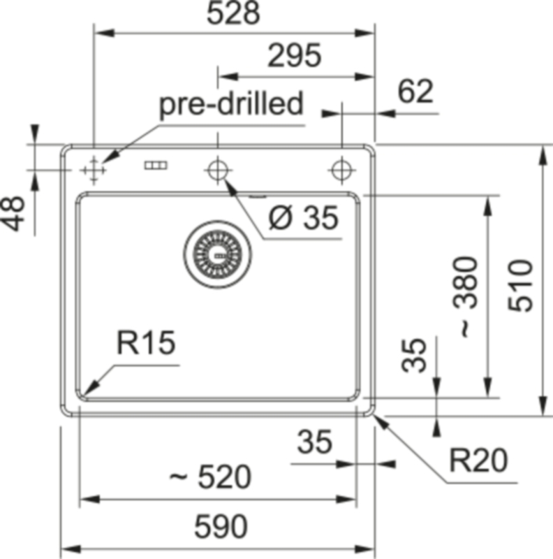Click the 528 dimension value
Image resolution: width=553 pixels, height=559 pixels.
tap(234, 14)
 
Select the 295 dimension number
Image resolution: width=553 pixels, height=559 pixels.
tap(294, 55)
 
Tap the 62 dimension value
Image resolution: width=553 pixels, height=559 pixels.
tap(415, 92)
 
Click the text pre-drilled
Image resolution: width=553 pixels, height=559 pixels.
tap(232, 105)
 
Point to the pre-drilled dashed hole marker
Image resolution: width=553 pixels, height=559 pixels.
tap(93, 169)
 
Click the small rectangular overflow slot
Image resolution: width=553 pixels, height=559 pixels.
tap(156, 166)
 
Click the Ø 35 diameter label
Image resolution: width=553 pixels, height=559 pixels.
tap(304, 219)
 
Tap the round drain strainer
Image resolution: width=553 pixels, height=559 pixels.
tap(216, 254)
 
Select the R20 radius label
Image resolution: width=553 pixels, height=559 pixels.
tap(479, 460)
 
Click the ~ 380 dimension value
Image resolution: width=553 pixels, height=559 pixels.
tap(467, 298)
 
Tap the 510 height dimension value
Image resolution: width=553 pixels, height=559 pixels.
tap(521, 286)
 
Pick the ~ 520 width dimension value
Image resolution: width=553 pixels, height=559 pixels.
tap(210, 478)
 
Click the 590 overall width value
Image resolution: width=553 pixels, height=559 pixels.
tap(221, 527)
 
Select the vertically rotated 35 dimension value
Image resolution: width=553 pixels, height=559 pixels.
tap(417, 355)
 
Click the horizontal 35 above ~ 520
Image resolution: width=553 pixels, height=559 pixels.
tap(314, 442)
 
